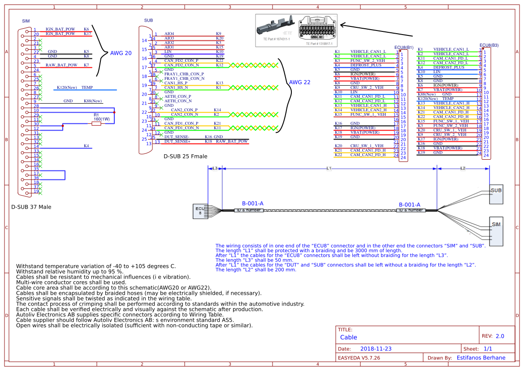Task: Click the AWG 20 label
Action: click(121, 53)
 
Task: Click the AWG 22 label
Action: click(299, 82)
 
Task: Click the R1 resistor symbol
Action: click(96, 124)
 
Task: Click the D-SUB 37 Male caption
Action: click(31, 207)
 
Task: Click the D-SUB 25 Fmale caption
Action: click(185, 157)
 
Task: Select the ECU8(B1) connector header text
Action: click(403, 47)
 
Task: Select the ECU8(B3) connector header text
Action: click(489, 45)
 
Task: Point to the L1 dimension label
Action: click(329, 168)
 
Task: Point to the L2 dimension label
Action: click(463, 168)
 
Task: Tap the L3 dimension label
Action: click(215, 168)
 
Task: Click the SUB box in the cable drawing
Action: click(496, 193)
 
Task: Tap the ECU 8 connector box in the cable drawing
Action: click(200, 211)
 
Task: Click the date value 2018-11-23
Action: click(376, 349)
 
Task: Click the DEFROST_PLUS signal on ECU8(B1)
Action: click(365, 65)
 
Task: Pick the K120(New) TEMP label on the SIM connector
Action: click(75, 87)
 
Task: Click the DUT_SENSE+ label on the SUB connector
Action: click(178, 141)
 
